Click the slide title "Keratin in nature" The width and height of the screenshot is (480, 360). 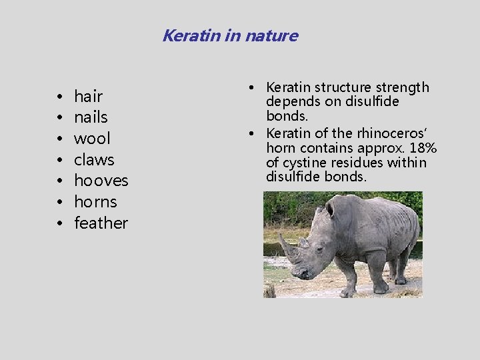230,35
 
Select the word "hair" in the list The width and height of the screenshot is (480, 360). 88,97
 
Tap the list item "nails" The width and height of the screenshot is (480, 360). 91,118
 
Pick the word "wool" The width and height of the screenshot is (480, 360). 92,139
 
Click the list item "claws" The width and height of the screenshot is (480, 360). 94,160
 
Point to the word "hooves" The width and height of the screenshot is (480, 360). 101,181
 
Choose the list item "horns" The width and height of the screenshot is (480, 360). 95,202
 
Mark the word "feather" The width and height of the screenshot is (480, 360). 101,223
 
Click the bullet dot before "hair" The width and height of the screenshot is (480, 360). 60,97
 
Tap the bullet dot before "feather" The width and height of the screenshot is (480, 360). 60,224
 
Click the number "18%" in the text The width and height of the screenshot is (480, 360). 424,148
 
